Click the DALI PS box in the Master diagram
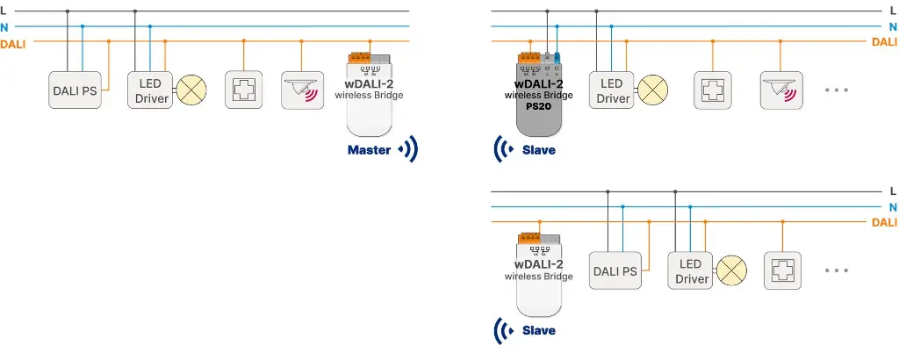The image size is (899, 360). pos(75,90)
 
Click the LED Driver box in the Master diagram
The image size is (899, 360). pos(152,90)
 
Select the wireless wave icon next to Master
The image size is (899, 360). pos(407,150)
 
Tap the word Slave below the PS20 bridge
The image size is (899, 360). pos(538,150)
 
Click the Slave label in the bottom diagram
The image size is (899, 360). pos(538,331)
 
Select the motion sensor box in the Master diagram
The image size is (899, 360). pos(301,90)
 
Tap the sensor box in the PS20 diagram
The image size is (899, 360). pos(780,90)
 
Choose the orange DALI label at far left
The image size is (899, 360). pos(13,43)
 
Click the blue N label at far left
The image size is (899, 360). pos(5,27)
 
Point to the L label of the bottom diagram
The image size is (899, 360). pos(893,191)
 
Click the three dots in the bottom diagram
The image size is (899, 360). pos(837,270)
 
